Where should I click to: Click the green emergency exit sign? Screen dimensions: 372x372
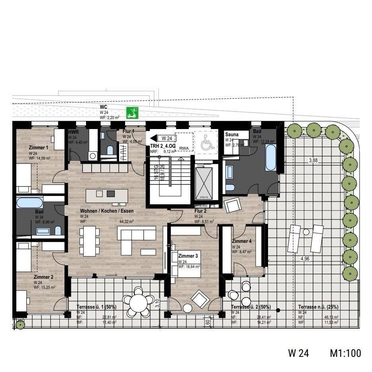tap(131, 113)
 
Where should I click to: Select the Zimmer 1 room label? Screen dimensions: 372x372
tap(38, 147)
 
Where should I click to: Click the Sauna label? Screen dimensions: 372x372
tap(231, 135)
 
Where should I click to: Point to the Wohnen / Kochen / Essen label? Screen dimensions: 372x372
tap(107, 211)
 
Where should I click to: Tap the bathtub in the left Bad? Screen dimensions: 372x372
tap(29, 203)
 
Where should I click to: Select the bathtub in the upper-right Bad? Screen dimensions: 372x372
tap(270, 158)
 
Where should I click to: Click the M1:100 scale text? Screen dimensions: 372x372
tap(345, 353)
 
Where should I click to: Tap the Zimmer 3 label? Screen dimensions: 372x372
tap(188, 256)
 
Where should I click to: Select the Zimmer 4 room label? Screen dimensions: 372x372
tap(242, 241)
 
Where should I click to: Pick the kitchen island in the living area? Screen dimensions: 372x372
tap(107, 196)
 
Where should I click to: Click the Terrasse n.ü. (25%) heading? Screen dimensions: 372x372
tap(318, 307)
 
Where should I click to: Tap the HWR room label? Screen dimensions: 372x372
tap(73, 132)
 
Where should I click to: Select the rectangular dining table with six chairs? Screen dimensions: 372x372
tap(90, 241)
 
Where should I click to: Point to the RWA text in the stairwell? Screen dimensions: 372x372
tap(184, 148)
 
